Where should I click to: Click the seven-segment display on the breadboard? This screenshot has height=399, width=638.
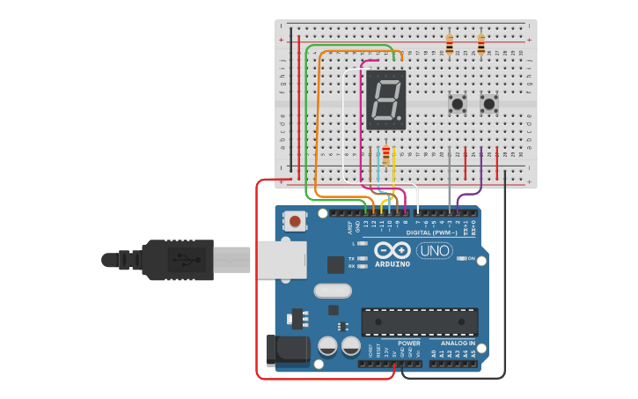click(x=386, y=100)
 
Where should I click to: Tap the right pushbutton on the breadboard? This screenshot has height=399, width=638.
click(x=489, y=104)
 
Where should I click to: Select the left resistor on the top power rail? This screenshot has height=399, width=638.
click(x=450, y=44)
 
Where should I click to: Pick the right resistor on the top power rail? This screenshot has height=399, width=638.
click(x=480, y=44)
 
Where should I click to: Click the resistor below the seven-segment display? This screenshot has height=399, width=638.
click(x=385, y=157)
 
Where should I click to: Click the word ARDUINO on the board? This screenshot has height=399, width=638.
click(x=392, y=263)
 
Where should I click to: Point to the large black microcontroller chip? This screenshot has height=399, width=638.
click(x=420, y=321)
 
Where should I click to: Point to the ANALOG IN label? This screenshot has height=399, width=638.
click(x=451, y=343)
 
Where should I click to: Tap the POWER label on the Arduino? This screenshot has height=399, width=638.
click(x=408, y=343)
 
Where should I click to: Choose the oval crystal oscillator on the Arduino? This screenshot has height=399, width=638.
click(x=332, y=291)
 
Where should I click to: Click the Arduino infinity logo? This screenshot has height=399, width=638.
click(x=392, y=249)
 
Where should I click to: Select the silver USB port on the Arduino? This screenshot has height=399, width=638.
click(x=280, y=260)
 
